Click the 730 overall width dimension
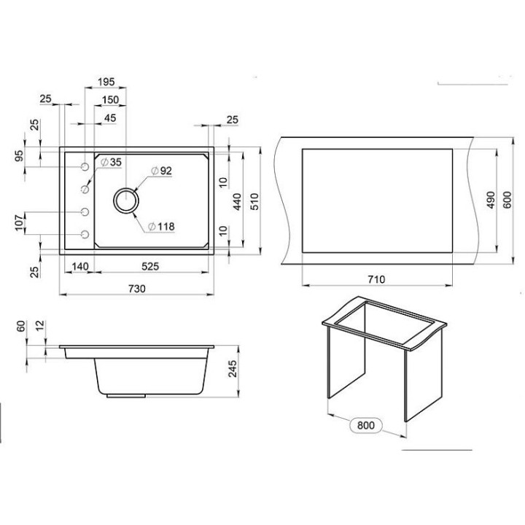coord(137,288)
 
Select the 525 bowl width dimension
coord(150,267)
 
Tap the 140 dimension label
coord(80,267)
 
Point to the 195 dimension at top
coord(106,82)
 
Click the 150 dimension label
coord(110,100)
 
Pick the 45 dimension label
coord(110,118)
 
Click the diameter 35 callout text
coord(111,162)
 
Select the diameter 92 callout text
coord(161,171)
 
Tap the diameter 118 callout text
coord(161,227)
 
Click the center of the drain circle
coord(126,201)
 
